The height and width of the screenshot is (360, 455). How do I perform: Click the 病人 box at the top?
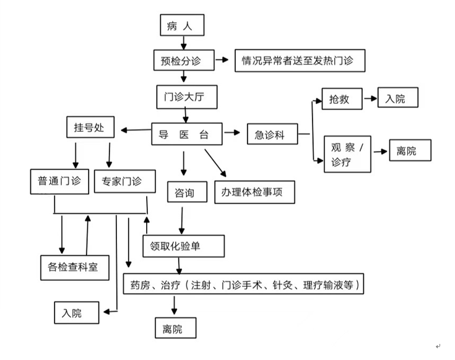pos(181,25)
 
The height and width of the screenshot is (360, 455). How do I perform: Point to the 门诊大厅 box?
pos(186,96)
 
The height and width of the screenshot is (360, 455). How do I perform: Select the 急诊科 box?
pos(271,134)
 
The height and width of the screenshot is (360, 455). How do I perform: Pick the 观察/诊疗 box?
pos(347,154)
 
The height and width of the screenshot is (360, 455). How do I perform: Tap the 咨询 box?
pos(181,193)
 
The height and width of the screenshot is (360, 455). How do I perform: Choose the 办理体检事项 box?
pos(254,192)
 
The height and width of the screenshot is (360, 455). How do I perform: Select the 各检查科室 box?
pos(74,267)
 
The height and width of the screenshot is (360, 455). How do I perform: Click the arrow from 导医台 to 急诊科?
pos(232,132)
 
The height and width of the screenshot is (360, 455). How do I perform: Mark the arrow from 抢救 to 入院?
pos(370,98)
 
